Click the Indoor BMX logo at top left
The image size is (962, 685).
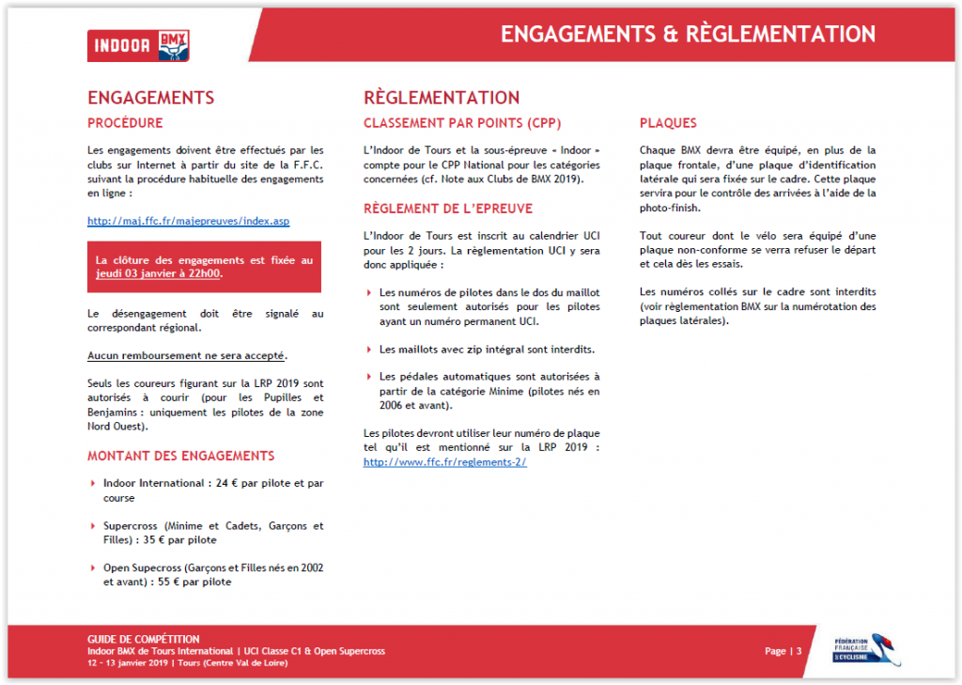pos(138,45)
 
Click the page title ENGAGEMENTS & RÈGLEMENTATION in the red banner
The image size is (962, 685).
pos(688,35)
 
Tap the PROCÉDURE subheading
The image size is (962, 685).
pos(125,123)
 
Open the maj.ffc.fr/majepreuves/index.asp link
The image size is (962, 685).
pos(188,221)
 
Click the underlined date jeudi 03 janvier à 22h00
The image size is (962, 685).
pos(159,274)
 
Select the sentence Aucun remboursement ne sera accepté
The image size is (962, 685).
pos(187,356)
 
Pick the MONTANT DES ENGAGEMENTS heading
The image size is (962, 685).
pos(181,456)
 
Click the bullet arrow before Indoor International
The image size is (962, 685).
pos(92,484)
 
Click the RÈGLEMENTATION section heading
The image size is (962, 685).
pos(442,98)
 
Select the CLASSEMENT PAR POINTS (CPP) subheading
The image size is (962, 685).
pos(463,123)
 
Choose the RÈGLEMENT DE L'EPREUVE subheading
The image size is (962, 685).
pos(448,209)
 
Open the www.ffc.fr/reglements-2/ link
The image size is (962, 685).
pos(444,462)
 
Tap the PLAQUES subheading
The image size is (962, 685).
pos(668,123)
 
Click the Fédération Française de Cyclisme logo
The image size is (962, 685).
pos(866,649)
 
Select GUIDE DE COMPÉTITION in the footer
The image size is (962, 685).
pos(144,639)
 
